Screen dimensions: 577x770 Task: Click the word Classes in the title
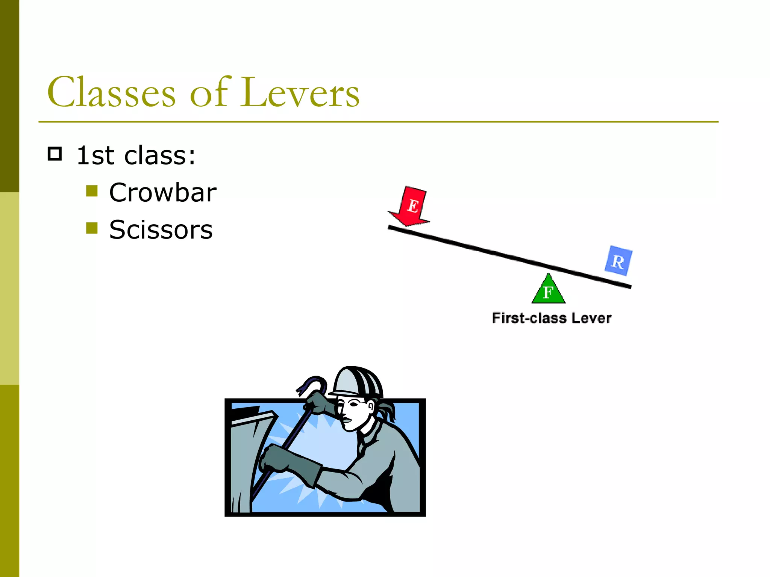click(111, 92)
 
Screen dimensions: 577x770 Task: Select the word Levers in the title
click(300, 92)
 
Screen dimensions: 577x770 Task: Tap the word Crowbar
click(162, 192)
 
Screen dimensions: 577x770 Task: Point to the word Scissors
click(161, 230)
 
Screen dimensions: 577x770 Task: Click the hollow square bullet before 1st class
click(55, 154)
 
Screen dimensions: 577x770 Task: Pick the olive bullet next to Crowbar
click(92, 191)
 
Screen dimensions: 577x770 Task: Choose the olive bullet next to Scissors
click(92, 228)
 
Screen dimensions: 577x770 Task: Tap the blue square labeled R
click(618, 261)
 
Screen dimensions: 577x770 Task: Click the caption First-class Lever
click(552, 318)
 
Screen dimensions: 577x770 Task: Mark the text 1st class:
click(136, 155)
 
